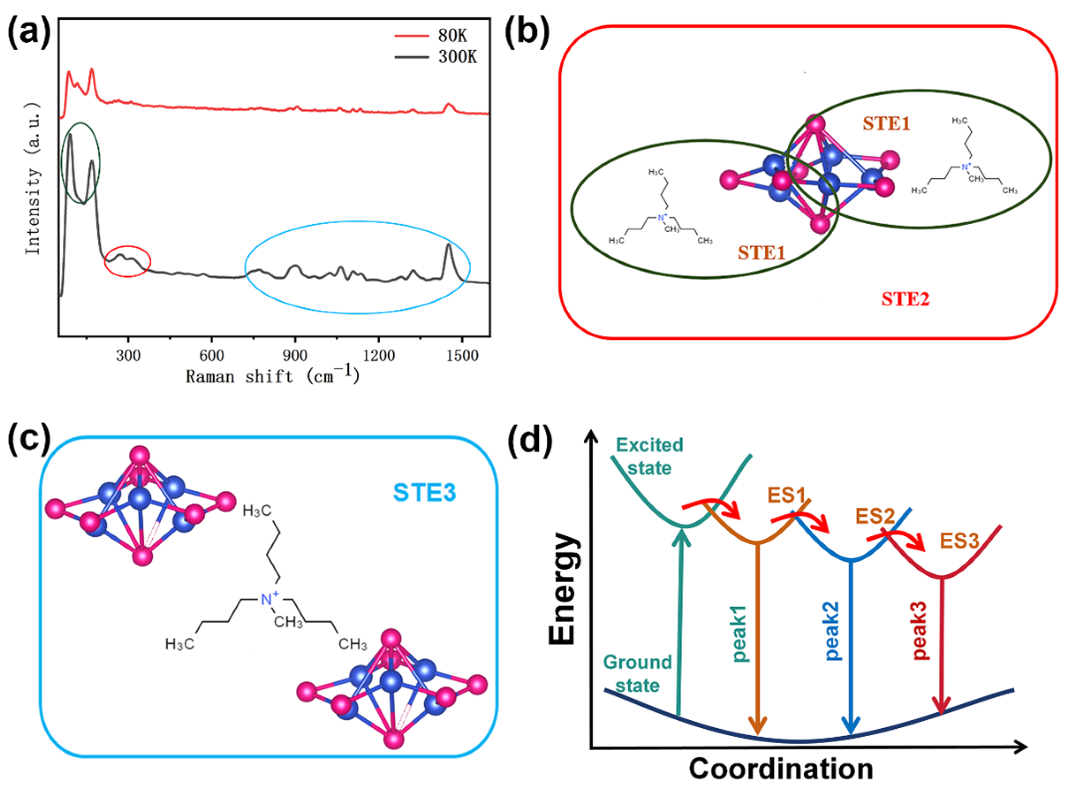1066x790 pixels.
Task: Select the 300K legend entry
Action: click(x=457, y=57)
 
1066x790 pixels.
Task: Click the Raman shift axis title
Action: click(x=272, y=376)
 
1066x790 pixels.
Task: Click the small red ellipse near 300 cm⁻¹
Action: click(x=128, y=261)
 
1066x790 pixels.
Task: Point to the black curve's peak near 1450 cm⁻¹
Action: click(x=448, y=245)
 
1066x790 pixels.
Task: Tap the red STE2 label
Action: click(x=905, y=299)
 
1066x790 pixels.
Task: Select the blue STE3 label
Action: click(x=424, y=493)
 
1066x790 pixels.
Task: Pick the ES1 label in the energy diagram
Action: click(x=786, y=496)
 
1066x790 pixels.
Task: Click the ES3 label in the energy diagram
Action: click(x=959, y=541)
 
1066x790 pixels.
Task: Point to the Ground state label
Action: click(x=638, y=674)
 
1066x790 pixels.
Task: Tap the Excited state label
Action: click(x=649, y=456)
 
